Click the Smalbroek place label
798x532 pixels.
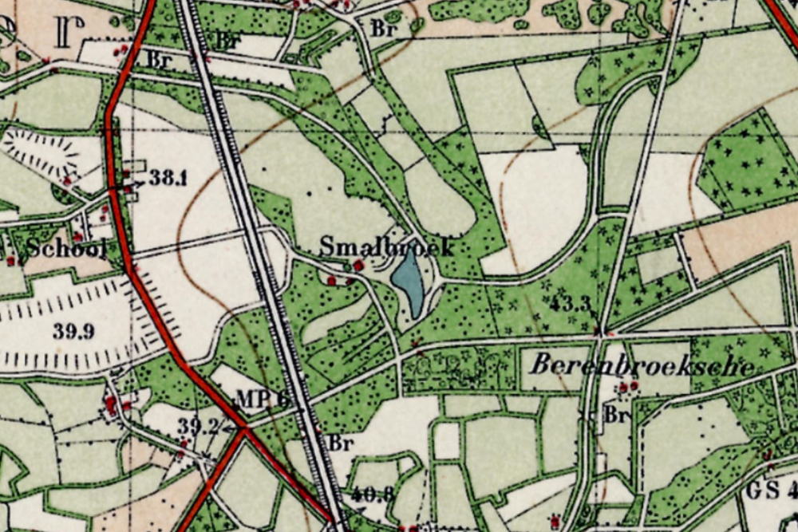[386, 246]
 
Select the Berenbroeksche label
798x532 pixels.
[642, 367]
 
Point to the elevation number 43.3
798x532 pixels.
[570, 304]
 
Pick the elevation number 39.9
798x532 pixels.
[73, 331]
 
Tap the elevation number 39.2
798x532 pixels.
[197, 427]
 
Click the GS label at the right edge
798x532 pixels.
[766, 490]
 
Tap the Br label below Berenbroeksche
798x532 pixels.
[614, 415]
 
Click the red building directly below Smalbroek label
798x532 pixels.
[358, 265]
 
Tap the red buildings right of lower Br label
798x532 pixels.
[630, 387]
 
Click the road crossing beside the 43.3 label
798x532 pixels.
[599, 332]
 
